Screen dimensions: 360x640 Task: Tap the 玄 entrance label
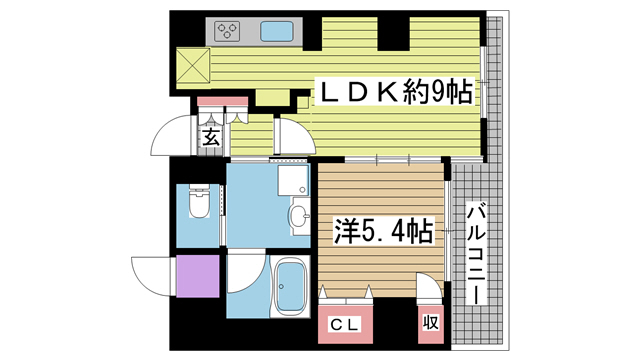tap(212, 138)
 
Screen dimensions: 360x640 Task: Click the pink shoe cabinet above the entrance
tap(221, 103)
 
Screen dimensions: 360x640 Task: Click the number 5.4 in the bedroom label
tap(383, 232)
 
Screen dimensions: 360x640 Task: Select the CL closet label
tap(345, 325)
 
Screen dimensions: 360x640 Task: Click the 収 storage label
tap(430, 323)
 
